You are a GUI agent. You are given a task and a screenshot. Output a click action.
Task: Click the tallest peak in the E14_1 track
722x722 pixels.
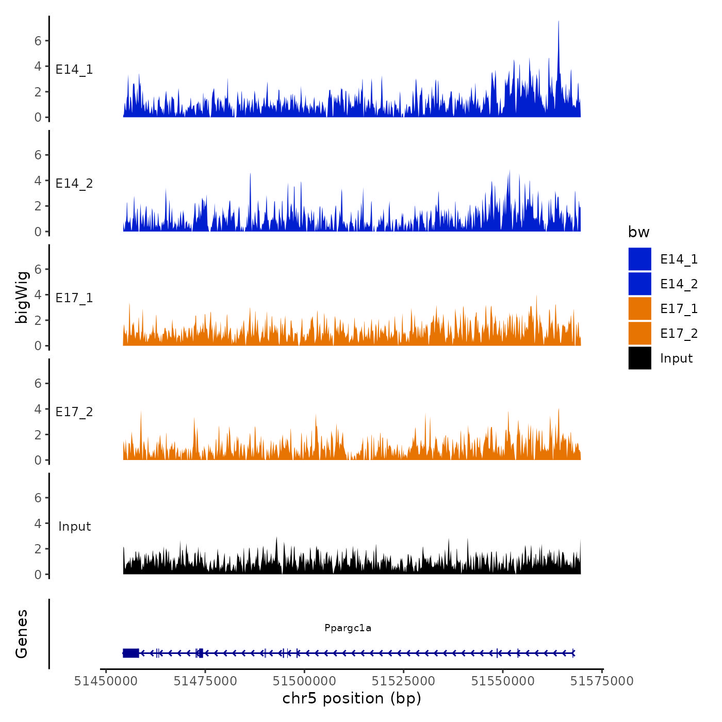(559, 23)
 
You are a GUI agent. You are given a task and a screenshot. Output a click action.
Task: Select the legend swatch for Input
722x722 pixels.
(639, 358)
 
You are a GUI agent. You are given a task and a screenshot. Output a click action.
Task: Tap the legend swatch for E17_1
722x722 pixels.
(639, 308)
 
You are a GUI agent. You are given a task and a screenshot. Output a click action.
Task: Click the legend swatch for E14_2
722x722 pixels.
(639, 284)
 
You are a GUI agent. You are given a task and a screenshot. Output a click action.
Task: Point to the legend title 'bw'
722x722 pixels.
(638, 232)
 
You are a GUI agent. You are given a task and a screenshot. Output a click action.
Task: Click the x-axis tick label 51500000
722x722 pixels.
(304, 681)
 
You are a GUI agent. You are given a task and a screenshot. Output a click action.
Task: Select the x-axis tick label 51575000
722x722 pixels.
(602, 681)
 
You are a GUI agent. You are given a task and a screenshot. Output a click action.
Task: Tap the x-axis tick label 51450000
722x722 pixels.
(106, 681)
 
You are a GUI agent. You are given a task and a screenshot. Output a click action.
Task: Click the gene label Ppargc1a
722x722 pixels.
(348, 628)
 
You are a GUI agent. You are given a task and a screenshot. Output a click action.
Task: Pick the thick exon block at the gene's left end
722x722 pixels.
(131, 653)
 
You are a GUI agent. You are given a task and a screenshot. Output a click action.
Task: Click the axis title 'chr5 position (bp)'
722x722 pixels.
(352, 698)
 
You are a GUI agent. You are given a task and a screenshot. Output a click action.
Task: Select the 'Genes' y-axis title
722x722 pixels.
(22, 634)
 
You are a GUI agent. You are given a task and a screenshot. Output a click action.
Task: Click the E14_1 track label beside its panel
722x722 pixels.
(74, 70)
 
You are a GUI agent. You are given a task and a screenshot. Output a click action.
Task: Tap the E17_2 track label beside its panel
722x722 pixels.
(74, 412)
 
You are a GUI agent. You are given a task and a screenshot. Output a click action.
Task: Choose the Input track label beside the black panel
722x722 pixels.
(74, 527)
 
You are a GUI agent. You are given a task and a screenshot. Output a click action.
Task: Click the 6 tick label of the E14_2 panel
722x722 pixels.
(38, 155)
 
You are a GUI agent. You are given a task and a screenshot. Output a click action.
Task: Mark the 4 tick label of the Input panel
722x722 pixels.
(38, 523)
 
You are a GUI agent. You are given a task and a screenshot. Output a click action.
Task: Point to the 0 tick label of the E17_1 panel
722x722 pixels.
(38, 346)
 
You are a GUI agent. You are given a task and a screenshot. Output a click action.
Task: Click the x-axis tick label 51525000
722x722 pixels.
(404, 681)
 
